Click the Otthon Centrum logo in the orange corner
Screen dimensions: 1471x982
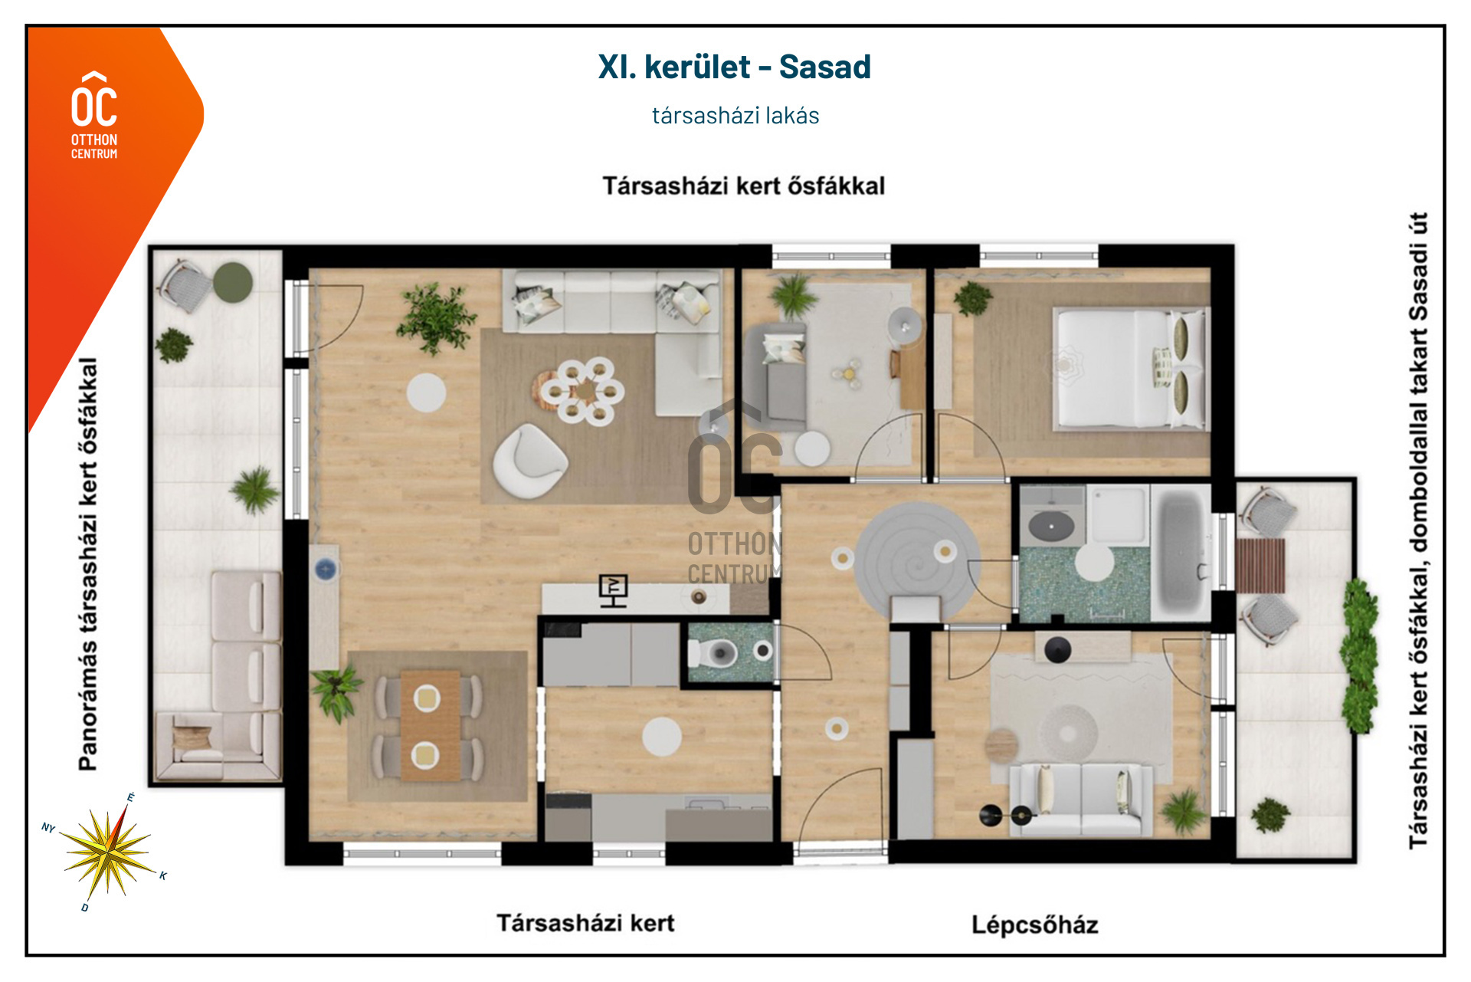[x=94, y=115]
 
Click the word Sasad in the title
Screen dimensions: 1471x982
[x=825, y=67]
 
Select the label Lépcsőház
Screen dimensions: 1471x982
[x=1034, y=925]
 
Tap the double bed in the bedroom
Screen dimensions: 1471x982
[x=1129, y=368]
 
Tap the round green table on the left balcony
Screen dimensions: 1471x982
[x=233, y=283]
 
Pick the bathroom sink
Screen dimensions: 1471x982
[x=1051, y=526]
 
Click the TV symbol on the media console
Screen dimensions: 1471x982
[x=613, y=590]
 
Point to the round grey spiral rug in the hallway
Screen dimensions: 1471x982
[x=917, y=557]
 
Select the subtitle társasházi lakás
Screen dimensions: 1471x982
[x=735, y=116]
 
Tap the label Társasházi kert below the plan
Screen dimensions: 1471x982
[x=585, y=923]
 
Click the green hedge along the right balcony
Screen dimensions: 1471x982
[x=1359, y=656]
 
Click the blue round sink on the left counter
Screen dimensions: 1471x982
[x=326, y=569]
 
